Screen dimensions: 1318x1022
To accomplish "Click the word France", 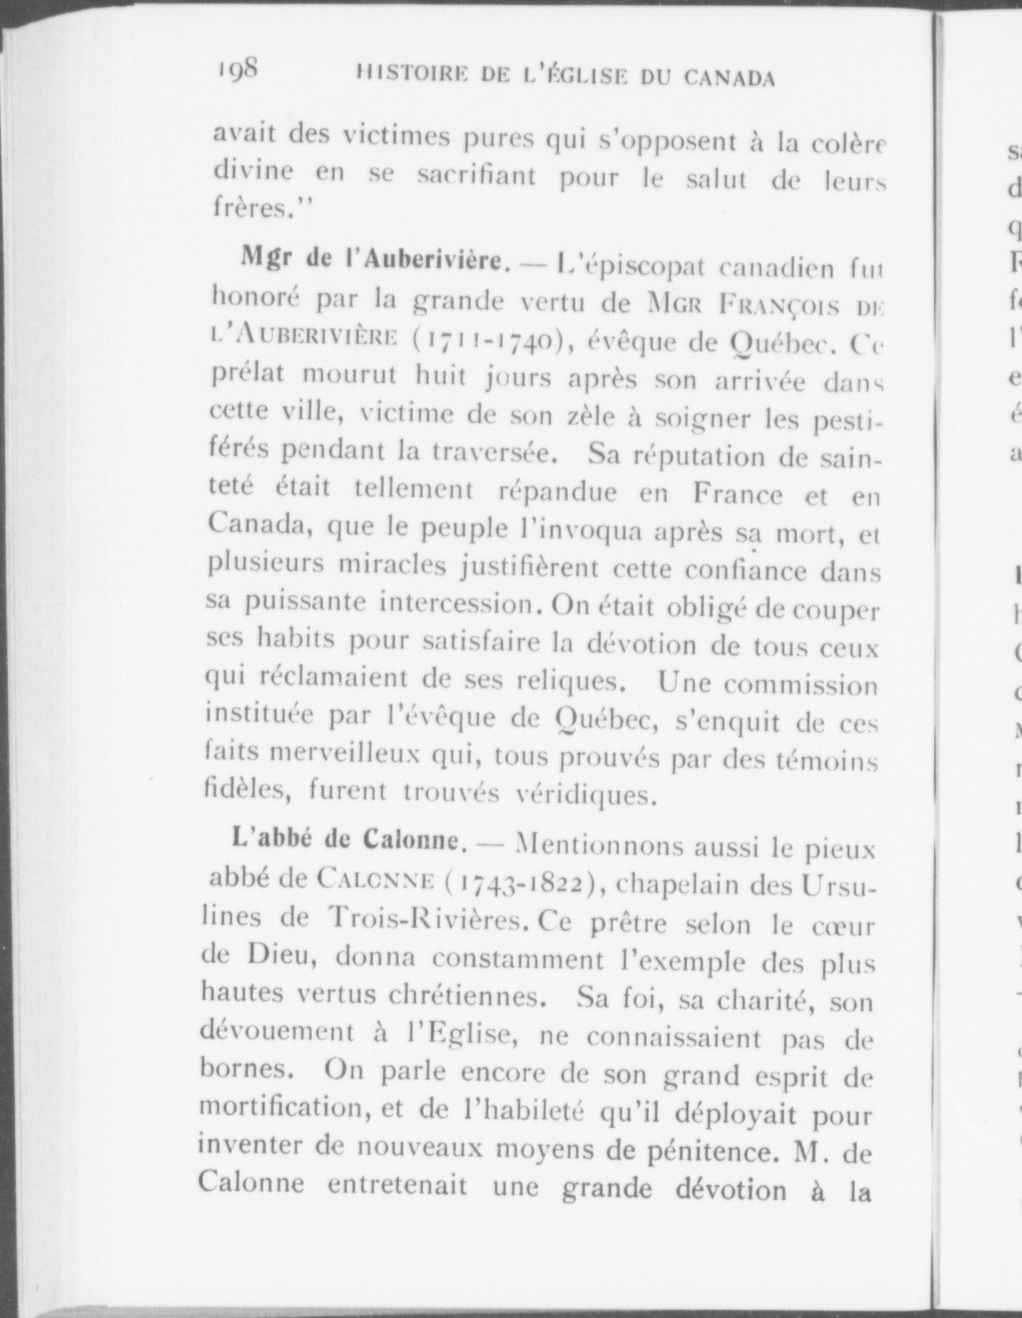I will [739, 494].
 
